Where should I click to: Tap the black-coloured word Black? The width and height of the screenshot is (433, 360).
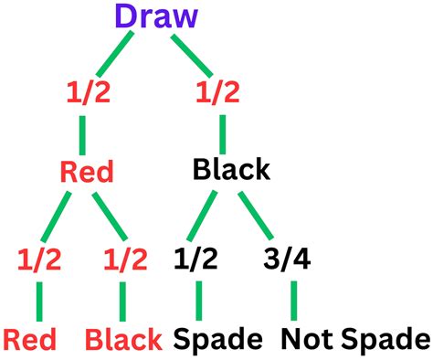231,170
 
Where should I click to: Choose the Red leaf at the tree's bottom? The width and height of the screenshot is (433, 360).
29,340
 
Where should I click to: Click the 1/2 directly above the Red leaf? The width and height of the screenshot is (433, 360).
39,259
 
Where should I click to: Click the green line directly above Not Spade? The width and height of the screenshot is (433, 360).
293,299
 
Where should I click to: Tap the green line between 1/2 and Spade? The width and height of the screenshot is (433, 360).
199,299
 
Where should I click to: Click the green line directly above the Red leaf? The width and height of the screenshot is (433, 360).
39,299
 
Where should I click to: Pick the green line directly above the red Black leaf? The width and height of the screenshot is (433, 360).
122,299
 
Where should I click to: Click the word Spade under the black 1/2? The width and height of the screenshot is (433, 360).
216,340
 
